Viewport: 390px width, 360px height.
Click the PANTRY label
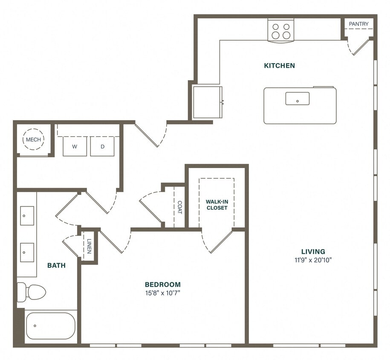pyautogui.click(x=358, y=24)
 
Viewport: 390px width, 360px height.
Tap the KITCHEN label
pyautogui.click(x=279, y=66)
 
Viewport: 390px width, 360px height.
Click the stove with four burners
pyautogui.click(x=281, y=31)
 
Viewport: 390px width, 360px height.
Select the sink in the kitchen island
pyautogui.click(x=297, y=99)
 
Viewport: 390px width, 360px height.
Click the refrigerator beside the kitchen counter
pyautogui.click(x=207, y=102)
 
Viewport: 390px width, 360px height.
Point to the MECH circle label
pyautogui.click(x=33, y=140)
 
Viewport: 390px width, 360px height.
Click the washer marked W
pyautogui.click(x=75, y=146)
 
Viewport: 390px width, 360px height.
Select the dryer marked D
pyautogui.click(x=102, y=146)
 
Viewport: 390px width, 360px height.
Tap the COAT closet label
pyautogui.click(x=180, y=207)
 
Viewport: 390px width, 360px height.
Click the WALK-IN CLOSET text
pyautogui.click(x=217, y=205)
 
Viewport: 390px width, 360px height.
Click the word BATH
pyautogui.click(x=56, y=265)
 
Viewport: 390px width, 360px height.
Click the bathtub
pyautogui.click(x=50, y=326)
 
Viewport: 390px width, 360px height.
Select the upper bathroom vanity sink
pyautogui.click(x=27, y=215)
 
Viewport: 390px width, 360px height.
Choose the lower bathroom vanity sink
pyautogui.click(x=27, y=253)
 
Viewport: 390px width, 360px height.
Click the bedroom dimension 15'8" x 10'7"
pyautogui.click(x=162, y=293)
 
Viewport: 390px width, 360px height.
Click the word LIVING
pyautogui.click(x=313, y=252)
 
